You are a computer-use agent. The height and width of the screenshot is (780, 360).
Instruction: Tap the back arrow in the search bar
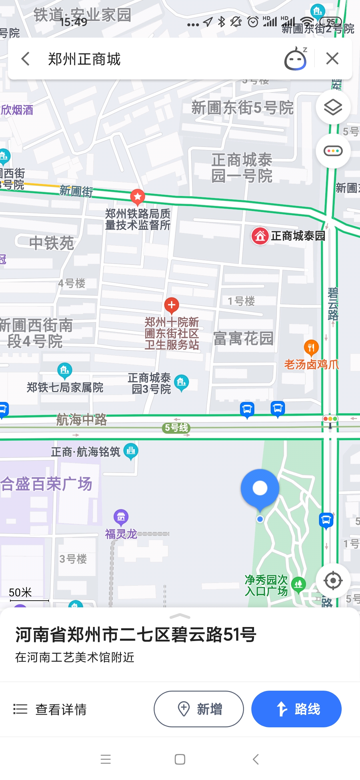26,59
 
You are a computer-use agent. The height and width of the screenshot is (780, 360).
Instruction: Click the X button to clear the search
332,59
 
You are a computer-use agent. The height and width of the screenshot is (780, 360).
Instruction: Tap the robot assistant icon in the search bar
295,59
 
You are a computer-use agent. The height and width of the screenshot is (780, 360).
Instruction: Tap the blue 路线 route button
296,709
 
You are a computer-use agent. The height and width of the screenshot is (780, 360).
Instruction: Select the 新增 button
199,709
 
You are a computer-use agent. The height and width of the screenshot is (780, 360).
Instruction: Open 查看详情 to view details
50,709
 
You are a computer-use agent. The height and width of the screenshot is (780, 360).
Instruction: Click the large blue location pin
260,489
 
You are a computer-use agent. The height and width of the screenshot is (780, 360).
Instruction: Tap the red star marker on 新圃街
138,197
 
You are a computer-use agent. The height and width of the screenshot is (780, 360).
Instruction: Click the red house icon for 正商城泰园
260,236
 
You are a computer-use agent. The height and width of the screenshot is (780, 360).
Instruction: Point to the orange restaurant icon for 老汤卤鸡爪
311,347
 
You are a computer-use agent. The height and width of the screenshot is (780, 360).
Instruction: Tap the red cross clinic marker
172,305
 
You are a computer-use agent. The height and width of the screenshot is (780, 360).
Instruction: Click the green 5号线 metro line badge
176,428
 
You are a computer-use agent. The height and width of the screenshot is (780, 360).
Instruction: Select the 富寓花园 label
243,339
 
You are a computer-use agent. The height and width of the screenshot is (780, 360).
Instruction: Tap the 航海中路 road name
82,420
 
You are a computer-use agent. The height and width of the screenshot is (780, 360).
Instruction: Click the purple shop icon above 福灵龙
121,517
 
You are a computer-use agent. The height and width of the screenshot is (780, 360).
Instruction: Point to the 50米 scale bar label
20,592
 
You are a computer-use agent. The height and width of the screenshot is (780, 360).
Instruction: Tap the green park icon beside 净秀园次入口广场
299,584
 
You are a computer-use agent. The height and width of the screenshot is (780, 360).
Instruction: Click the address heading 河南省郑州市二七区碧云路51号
136,634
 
